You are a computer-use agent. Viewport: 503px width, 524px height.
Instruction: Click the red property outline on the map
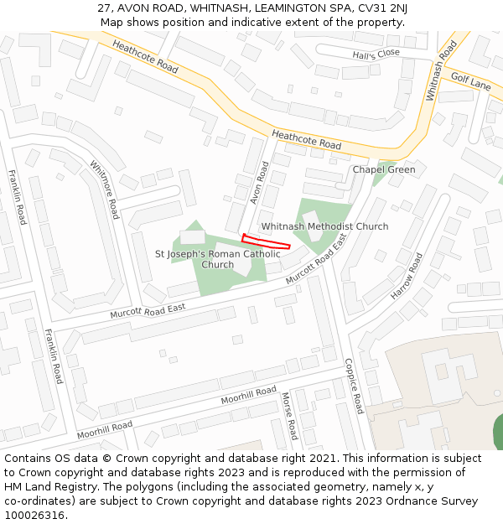[x=266, y=241]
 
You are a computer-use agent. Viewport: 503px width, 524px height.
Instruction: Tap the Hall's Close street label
[x=376, y=54]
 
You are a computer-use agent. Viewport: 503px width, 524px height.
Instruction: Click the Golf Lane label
[x=470, y=81]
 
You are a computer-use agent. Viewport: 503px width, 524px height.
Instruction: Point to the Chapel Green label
[x=383, y=169]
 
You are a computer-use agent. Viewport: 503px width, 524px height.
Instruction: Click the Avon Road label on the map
[x=257, y=183]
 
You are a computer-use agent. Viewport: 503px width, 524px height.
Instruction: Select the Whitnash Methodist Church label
[x=324, y=226]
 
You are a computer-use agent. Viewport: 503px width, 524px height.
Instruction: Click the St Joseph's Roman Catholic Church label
[x=218, y=258]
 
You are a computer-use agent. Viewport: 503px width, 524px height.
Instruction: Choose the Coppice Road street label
[x=354, y=386]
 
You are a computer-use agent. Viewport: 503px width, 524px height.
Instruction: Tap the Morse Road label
[x=288, y=416]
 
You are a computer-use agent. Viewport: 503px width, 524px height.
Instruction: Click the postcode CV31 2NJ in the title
[x=381, y=8]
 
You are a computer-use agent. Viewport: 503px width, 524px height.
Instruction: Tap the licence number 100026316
[x=35, y=516]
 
